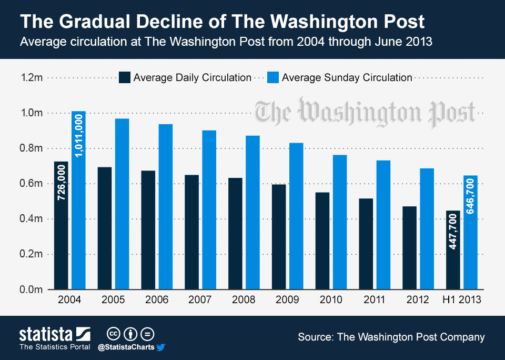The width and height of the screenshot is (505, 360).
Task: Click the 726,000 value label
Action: (x=61, y=184)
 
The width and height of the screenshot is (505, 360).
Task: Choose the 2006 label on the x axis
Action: (x=157, y=300)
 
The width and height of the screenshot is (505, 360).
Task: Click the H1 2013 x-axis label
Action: (x=461, y=300)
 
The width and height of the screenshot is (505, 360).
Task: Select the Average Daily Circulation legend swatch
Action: (x=125, y=77)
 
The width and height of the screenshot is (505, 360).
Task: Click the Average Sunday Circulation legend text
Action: (x=347, y=77)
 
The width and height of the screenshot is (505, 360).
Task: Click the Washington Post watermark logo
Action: (x=365, y=112)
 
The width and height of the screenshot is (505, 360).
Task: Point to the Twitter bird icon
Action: (x=161, y=347)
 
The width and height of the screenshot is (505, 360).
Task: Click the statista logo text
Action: (x=47, y=334)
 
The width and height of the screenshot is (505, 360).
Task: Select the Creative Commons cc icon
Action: (x=112, y=334)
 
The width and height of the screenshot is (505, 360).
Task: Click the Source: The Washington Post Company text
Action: (x=391, y=337)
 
